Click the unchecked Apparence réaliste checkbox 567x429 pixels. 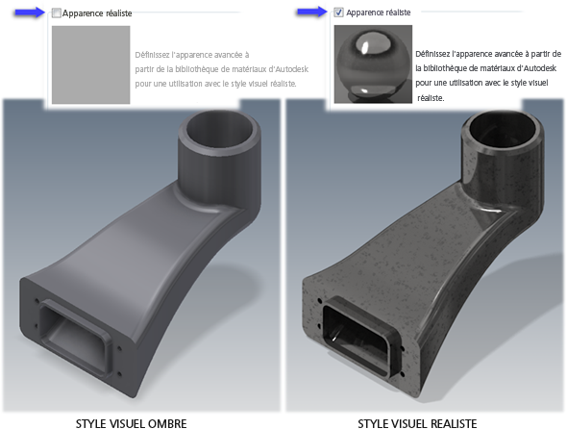56,13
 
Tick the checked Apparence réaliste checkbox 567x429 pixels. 338,13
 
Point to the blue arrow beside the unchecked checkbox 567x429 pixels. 30,13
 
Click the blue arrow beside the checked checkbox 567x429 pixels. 311,12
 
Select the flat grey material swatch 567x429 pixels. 90,64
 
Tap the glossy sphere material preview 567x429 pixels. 373,64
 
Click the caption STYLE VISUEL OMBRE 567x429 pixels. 131,423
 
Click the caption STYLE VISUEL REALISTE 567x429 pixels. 417,423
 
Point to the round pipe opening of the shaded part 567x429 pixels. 218,130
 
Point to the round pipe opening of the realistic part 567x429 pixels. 503,130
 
